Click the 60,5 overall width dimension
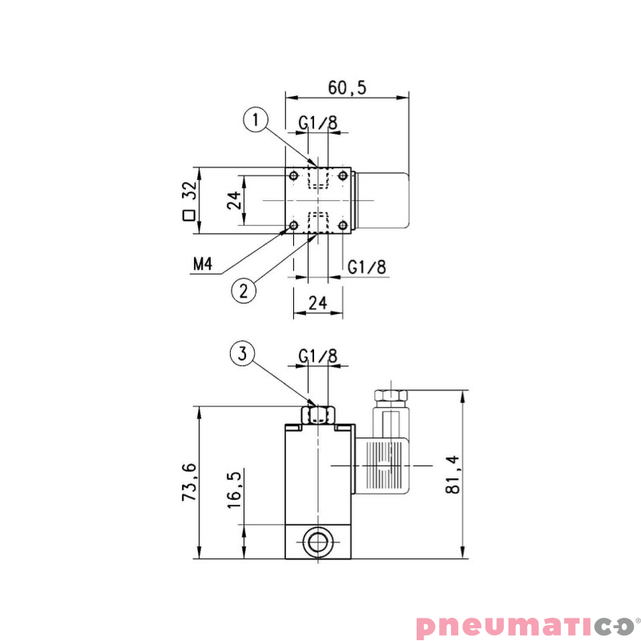346,87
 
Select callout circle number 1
255,121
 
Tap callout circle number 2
244,290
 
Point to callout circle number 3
243,353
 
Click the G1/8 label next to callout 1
318,123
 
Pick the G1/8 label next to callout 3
317,356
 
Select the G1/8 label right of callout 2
367,267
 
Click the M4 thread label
202,264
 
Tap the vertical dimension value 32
189,191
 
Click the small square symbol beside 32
189,216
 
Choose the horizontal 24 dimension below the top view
318,302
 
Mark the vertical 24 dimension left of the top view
233,200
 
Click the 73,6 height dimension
190,482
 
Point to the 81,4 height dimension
453,475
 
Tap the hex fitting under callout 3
318,414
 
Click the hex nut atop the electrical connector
390,395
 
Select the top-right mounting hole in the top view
342,175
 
